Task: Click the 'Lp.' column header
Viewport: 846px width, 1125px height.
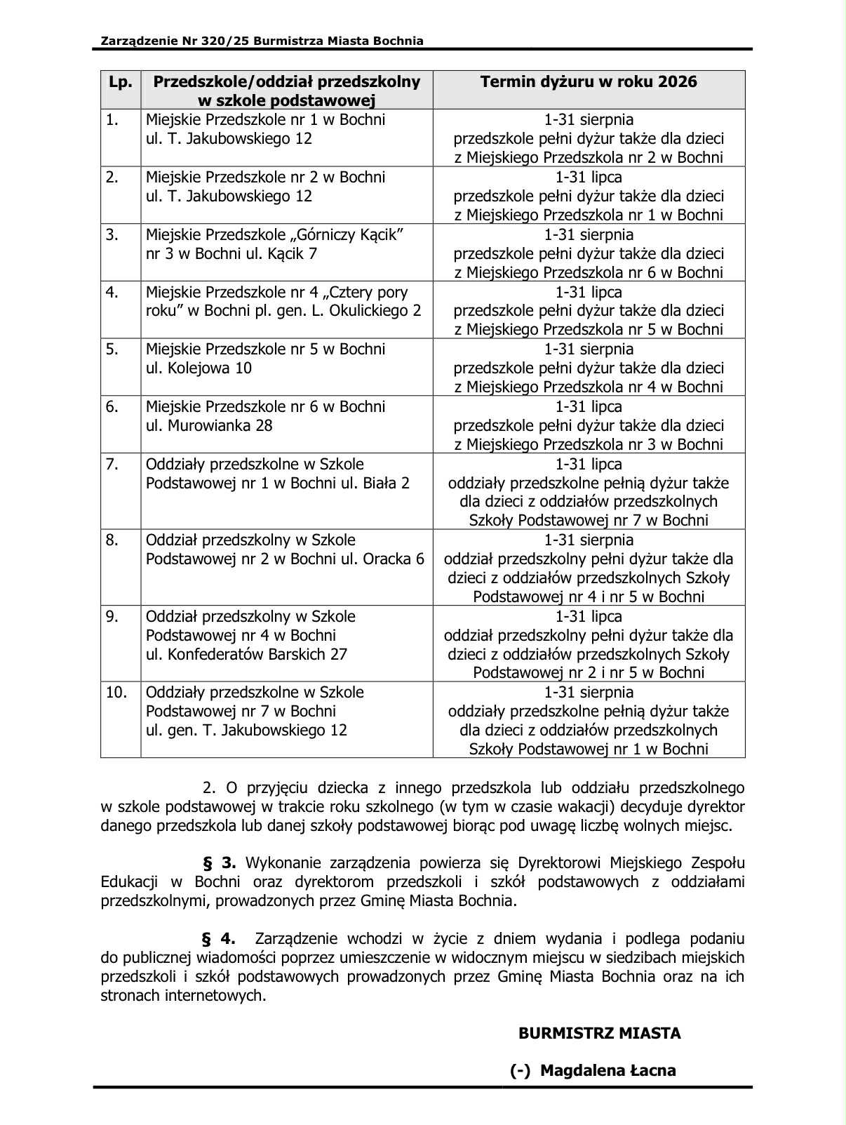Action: pos(120,82)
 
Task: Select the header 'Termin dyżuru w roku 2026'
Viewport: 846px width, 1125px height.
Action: pos(588,82)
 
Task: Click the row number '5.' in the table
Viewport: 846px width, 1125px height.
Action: pos(113,350)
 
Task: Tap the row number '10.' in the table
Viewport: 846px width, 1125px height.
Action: pos(116,693)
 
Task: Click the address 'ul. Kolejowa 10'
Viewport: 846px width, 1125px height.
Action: pos(199,368)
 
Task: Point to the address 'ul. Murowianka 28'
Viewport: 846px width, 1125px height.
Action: pos(209,426)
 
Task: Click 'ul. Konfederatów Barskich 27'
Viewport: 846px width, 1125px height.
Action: pos(246,655)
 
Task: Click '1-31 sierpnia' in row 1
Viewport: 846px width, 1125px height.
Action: pos(589,120)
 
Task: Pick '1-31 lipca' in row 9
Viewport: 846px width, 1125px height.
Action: pos(589,617)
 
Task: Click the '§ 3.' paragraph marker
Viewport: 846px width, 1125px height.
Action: pos(218,863)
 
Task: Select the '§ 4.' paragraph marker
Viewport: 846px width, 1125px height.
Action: pos(218,939)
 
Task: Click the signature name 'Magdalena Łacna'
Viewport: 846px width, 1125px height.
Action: pos(608,1071)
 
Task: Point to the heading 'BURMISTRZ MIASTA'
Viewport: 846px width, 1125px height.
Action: pos(599,1034)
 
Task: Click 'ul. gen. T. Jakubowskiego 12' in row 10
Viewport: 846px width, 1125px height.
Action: pos(246,731)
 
